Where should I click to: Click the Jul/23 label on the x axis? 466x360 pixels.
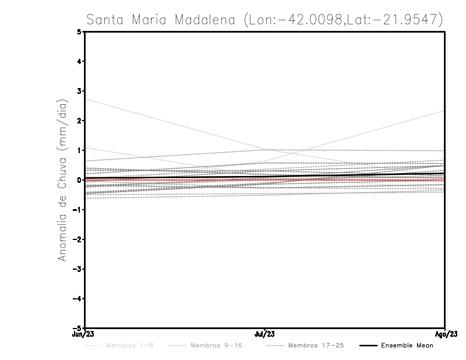tap(265, 334)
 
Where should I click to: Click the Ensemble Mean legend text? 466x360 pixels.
tap(407, 346)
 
